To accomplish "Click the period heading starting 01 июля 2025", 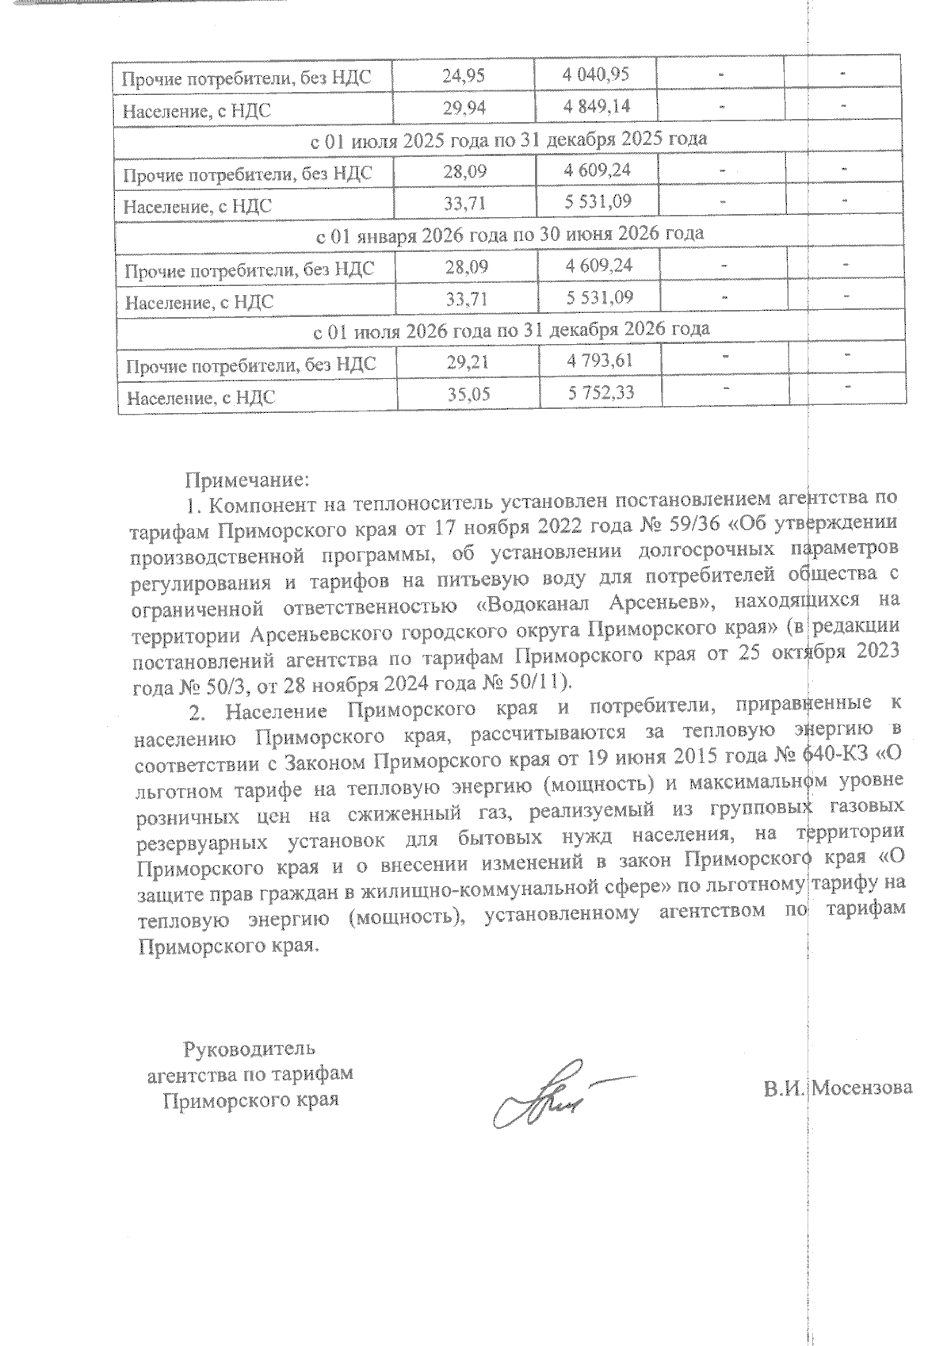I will pos(507,139).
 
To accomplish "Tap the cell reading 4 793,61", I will pos(600,361).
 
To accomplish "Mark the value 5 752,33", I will pos(600,392).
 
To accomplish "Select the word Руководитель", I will pos(250,1050).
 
